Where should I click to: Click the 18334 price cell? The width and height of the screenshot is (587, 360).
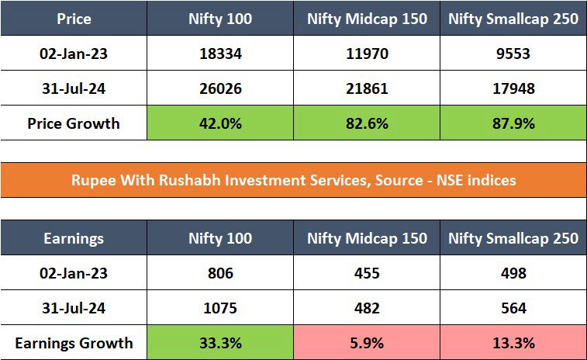click(x=220, y=55)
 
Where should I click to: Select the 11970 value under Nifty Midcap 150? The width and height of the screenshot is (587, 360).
click(x=367, y=55)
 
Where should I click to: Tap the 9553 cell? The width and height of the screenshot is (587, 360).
click(x=513, y=55)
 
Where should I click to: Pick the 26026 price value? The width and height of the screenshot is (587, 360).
click(x=220, y=89)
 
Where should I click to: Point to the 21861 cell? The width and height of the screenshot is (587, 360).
click(x=367, y=89)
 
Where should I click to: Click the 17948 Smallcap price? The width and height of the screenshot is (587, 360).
click(x=513, y=89)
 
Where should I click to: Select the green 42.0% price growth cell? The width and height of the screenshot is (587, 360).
click(x=220, y=123)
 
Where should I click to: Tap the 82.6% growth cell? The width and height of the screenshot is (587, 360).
click(x=367, y=123)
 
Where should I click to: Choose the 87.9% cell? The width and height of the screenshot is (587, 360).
click(x=513, y=123)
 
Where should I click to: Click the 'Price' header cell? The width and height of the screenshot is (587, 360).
click(x=74, y=19)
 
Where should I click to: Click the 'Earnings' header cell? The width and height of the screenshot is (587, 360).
click(x=74, y=238)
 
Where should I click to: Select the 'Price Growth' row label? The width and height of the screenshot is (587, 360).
click(x=74, y=123)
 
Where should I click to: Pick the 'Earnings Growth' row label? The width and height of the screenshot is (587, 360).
click(x=74, y=342)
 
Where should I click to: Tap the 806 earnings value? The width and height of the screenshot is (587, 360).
click(x=220, y=274)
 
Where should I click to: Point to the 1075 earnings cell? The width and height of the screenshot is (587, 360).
click(x=220, y=308)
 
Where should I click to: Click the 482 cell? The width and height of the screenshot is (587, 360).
click(x=367, y=308)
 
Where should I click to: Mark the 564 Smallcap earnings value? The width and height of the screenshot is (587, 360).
click(x=513, y=308)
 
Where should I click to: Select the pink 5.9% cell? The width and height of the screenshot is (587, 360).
click(x=367, y=342)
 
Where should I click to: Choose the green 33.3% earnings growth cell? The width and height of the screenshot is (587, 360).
click(x=220, y=342)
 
